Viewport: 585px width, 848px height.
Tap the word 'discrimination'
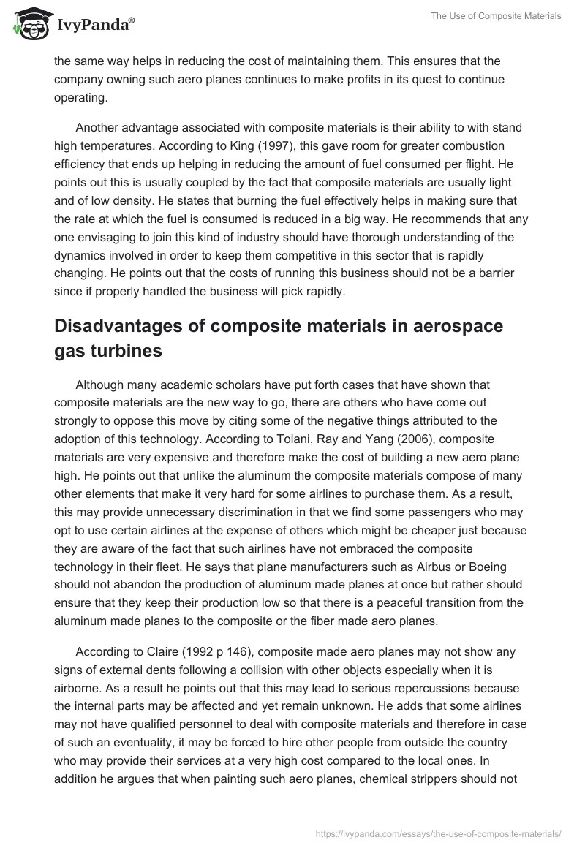pos(247,510)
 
